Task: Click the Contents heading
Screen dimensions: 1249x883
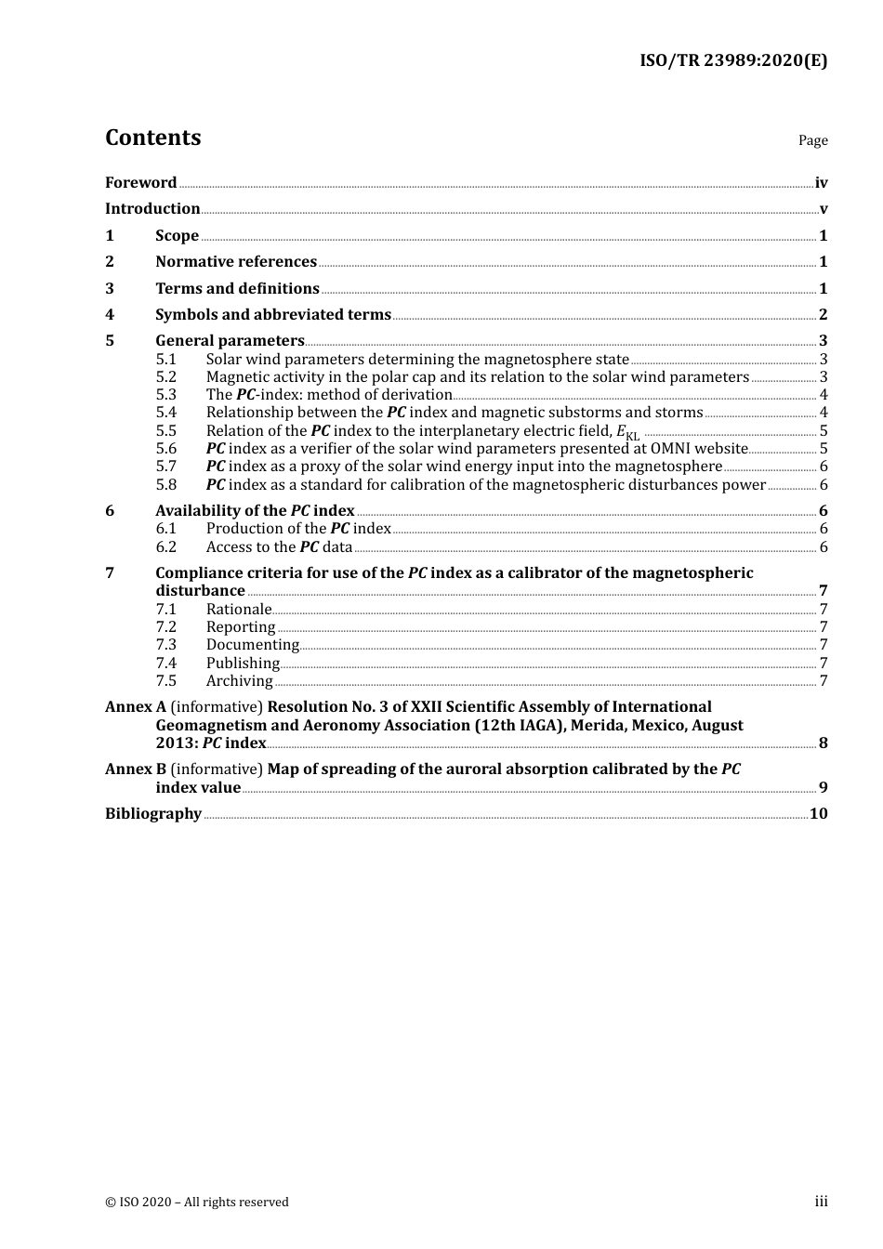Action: click(x=152, y=138)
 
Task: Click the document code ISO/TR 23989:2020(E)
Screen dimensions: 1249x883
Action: click(x=732, y=61)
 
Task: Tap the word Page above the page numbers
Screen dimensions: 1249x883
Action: click(x=812, y=140)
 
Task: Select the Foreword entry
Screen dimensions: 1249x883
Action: click(x=140, y=183)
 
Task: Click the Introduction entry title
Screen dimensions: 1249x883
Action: click(x=152, y=209)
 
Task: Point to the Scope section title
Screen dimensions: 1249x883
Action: click(x=177, y=236)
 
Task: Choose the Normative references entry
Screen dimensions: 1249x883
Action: click(x=236, y=262)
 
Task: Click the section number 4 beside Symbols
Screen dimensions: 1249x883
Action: click(x=110, y=315)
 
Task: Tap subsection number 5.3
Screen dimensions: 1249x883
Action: click(x=165, y=395)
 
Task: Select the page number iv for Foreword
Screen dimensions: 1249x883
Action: click(x=821, y=183)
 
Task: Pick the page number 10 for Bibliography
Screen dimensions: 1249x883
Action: click(x=818, y=814)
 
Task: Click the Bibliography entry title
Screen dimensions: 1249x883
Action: click(x=153, y=814)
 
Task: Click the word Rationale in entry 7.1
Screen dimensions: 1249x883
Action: click(x=239, y=610)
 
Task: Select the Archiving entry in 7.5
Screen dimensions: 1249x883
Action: click(x=239, y=681)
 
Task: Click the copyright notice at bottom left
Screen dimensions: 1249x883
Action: click(x=197, y=1203)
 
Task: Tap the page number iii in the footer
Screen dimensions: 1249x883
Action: click(x=821, y=1202)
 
